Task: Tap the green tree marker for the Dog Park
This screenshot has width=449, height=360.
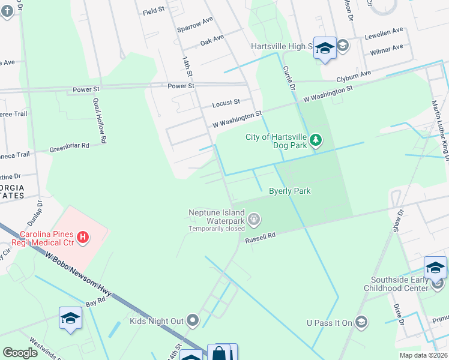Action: point(316,142)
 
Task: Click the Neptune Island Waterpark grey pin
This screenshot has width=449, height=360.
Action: point(254,220)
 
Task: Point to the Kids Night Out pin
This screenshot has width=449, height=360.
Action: point(193,321)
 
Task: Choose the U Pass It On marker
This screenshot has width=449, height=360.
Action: point(361,323)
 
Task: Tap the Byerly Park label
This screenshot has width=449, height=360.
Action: point(289,191)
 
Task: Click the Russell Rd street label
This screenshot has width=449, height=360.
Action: point(260,238)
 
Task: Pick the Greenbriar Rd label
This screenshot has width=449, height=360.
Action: point(69,146)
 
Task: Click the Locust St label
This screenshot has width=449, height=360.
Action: point(226,103)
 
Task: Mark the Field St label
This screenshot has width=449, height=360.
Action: point(154,12)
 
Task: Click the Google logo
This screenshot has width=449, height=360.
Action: point(20,353)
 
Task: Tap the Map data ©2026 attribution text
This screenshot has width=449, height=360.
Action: point(423,355)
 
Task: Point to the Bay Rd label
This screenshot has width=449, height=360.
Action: point(95,304)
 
